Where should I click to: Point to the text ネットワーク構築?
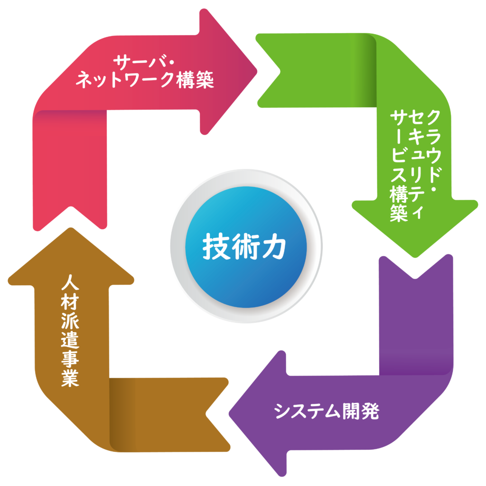[x=145, y=80]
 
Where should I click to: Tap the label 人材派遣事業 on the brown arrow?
[x=70, y=332]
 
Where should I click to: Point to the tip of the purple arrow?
[x=231, y=413]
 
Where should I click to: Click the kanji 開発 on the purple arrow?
[x=361, y=411]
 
